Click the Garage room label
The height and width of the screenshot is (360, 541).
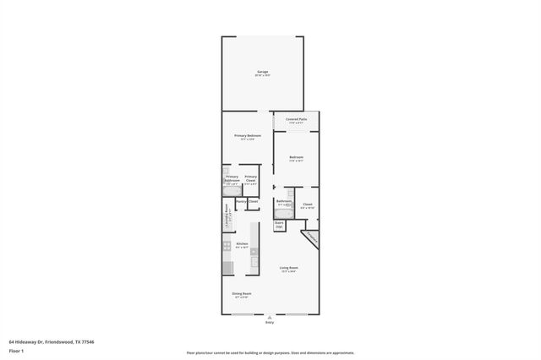pos(262,73)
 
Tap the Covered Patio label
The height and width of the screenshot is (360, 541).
pos(296,120)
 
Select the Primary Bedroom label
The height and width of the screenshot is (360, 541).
pos(248,136)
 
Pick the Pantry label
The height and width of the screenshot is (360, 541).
pos(241,201)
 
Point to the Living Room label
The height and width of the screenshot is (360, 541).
pos(289,268)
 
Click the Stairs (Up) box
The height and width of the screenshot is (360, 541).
pos(279,225)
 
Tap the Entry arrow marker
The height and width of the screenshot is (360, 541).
pos(270,317)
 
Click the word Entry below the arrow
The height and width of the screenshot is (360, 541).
pos(270,322)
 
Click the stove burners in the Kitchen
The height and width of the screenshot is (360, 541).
pos(227,247)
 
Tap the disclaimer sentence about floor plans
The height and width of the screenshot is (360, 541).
pos(270,352)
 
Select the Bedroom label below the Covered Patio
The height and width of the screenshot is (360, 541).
pos(296,157)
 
